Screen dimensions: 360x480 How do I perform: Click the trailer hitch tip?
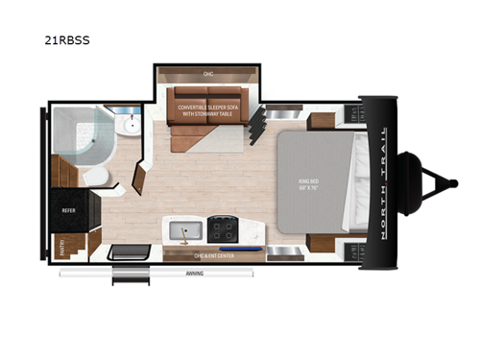450,181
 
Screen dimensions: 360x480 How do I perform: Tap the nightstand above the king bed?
323,119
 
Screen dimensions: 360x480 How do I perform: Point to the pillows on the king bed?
357,182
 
